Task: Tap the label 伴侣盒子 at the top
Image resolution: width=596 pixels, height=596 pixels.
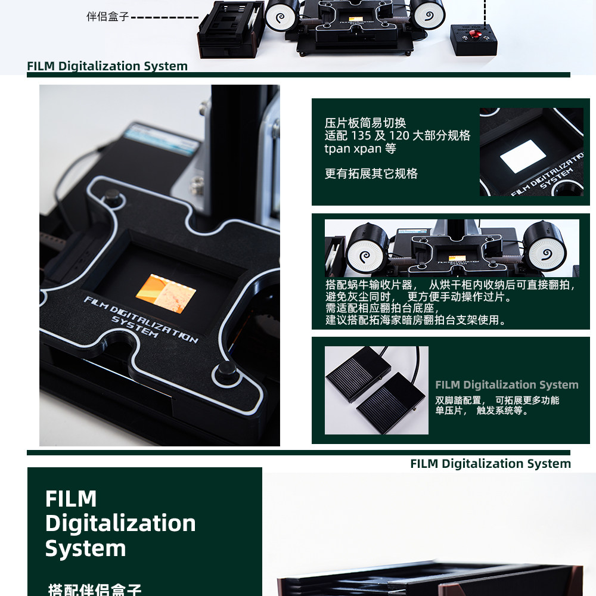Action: (x=107, y=17)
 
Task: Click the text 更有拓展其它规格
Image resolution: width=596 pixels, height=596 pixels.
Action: (x=371, y=174)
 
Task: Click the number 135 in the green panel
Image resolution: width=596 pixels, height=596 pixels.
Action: (x=361, y=136)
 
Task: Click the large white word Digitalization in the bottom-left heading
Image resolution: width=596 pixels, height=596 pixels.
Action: (x=120, y=523)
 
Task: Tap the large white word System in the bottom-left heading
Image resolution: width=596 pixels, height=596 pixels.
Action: (x=85, y=548)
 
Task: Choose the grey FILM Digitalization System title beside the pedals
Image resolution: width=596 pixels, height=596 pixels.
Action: (x=507, y=385)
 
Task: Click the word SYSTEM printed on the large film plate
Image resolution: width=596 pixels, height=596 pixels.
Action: (x=135, y=326)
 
